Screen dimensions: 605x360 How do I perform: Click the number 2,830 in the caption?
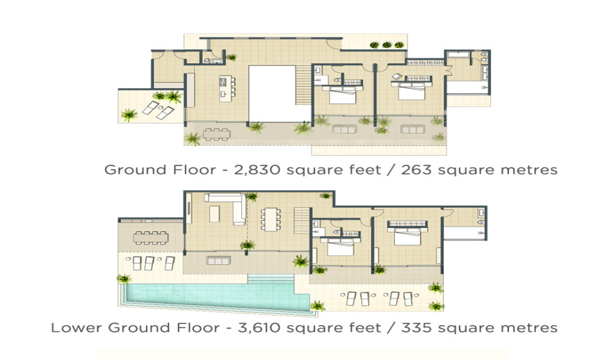(x=257, y=170)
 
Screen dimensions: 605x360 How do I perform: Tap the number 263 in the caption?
(x=417, y=170)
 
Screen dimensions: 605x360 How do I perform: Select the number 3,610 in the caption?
(x=261, y=327)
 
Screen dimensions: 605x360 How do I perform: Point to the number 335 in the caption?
(x=417, y=327)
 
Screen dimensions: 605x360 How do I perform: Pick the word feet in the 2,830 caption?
(x=365, y=170)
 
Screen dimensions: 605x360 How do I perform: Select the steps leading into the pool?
(x=271, y=279)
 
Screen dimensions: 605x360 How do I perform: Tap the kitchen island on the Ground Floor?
(x=225, y=88)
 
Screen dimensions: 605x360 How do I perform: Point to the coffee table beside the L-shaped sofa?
(x=214, y=214)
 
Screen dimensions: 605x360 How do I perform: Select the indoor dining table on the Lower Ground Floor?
(x=271, y=220)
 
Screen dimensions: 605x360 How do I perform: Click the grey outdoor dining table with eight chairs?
(x=151, y=238)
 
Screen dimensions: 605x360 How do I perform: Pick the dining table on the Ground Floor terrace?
(x=217, y=134)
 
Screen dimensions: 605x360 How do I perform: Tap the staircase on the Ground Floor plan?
(x=303, y=85)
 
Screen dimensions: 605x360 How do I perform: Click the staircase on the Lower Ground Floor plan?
(x=302, y=220)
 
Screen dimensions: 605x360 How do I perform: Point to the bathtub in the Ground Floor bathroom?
(x=458, y=55)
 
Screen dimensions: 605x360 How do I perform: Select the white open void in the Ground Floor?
(x=272, y=94)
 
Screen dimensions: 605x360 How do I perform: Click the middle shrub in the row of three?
(x=387, y=45)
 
